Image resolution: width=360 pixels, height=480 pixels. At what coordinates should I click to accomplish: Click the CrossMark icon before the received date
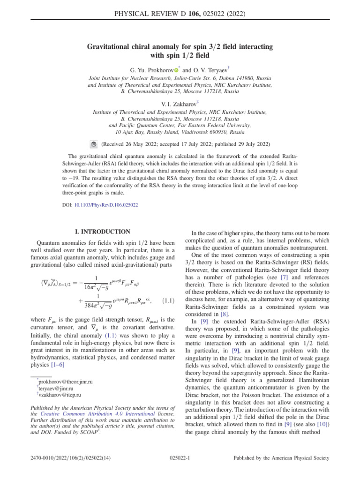pyautogui.click(x=93, y=144)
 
